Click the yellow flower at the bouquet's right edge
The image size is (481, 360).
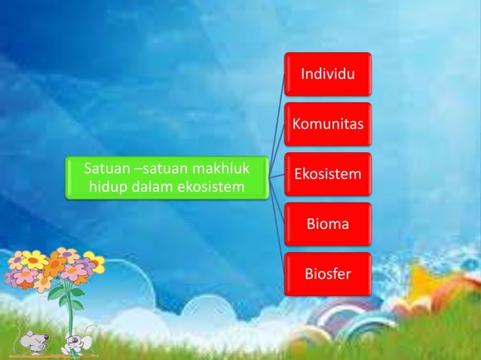point(93,264)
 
